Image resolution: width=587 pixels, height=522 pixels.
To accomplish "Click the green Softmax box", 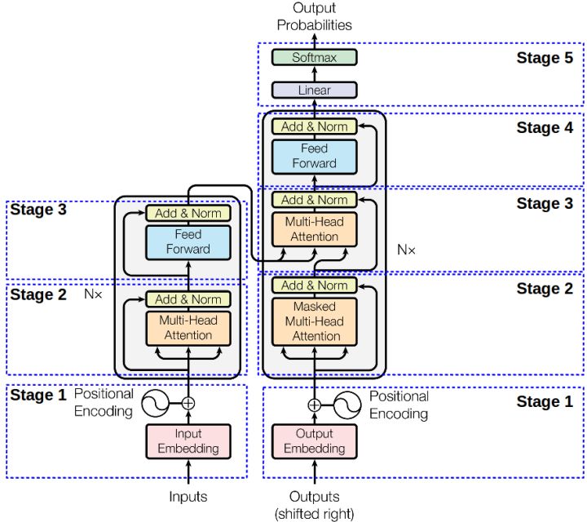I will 314,58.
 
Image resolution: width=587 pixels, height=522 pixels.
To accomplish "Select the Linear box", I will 314,91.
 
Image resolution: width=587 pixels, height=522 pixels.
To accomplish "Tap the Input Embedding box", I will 188,441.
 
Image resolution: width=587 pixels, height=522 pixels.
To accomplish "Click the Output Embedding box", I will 314,441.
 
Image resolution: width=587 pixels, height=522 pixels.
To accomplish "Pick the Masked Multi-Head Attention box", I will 314,321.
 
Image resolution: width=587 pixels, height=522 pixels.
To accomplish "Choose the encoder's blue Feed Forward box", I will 188,242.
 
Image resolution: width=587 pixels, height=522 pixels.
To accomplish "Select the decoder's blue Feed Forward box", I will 314,156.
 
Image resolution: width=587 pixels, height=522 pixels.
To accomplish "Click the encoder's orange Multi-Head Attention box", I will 188,328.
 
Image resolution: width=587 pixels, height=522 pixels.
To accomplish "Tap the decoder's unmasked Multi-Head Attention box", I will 314,229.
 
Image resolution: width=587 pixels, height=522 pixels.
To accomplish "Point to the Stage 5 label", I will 545,58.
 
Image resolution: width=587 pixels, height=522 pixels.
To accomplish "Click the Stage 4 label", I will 545,127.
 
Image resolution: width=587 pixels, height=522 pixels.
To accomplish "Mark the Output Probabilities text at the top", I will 314,16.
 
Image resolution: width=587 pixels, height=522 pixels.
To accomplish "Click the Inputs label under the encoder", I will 188,496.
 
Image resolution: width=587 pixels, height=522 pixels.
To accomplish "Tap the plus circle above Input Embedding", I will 188,402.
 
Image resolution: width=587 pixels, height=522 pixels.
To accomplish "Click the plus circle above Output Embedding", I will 314,403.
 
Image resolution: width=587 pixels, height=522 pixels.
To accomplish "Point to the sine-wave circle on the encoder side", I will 155,402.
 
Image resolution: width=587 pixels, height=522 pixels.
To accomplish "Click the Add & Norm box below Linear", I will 314,126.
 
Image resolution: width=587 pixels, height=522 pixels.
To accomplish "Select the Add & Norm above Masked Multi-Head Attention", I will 314,285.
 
